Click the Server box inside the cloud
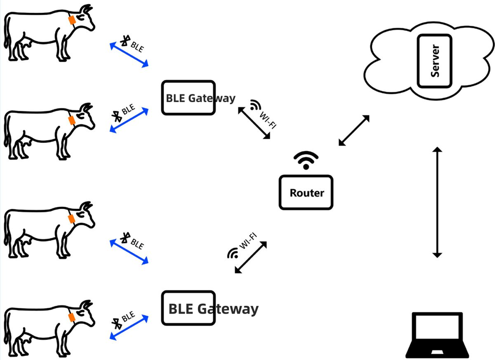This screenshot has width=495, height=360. [434, 61]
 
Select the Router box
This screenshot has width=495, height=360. [306, 192]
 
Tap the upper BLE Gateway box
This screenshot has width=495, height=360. [188, 97]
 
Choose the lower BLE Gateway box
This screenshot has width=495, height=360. [188, 308]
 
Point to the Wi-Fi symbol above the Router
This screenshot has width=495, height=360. [306, 160]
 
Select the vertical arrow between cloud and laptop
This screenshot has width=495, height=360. [437, 202]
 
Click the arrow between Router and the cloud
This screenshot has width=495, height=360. [354, 130]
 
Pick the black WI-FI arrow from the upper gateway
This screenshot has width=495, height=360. [254, 123]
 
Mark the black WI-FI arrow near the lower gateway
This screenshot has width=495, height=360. [253, 257]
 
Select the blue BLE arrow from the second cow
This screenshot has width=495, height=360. [129, 120]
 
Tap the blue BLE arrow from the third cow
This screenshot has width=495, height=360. [129, 251]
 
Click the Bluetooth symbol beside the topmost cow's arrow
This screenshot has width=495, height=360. [125, 40]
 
